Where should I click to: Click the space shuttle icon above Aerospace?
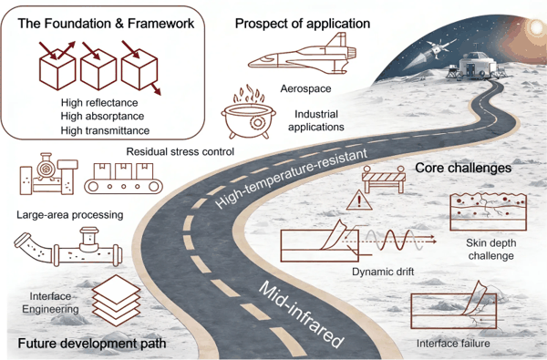point(303,54)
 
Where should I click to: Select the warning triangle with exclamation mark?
point(359,201)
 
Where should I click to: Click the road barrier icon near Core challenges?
point(384,179)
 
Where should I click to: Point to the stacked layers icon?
point(116,301)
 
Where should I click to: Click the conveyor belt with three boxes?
point(123,178)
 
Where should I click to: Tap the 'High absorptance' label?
point(102,116)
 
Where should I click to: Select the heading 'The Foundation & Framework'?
point(106,24)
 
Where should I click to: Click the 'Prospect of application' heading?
point(303,24)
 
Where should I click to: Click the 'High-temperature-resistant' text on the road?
point(292,178)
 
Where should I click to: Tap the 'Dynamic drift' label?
point(383,272)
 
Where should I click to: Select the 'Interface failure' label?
point(453,344)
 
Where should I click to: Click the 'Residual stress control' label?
point(180,151)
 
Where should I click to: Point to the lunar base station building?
point(477,66)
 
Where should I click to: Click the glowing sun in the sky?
point(535,26)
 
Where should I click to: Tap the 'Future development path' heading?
point(92,344)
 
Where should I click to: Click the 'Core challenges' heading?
point(463,168)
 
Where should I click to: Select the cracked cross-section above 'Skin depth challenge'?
point(488,211)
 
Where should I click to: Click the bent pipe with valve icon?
point(68,247)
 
